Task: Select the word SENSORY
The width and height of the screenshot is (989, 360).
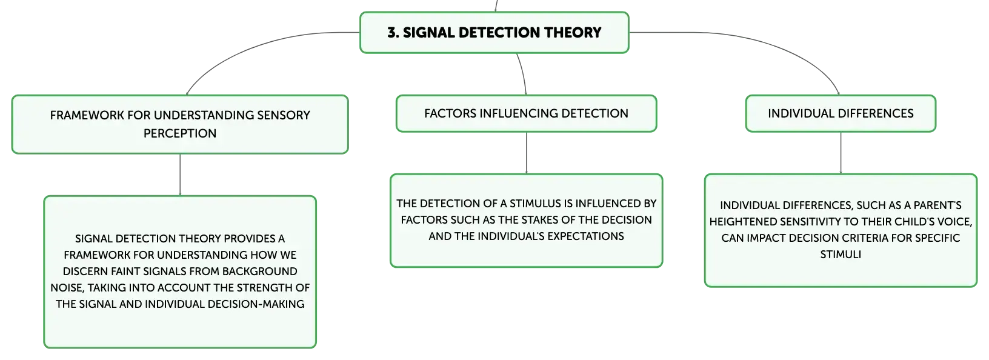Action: click(284, 115)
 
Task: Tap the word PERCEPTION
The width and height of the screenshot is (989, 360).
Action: click(180, 133)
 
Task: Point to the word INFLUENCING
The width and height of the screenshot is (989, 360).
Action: click(519, 113)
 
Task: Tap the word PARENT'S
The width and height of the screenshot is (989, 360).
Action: click(937, 205)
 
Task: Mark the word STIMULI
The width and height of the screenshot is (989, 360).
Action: click(841, 255)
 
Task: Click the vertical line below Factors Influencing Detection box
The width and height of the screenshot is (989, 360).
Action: click(526, 153)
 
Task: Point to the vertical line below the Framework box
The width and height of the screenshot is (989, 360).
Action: click(180, 175)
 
